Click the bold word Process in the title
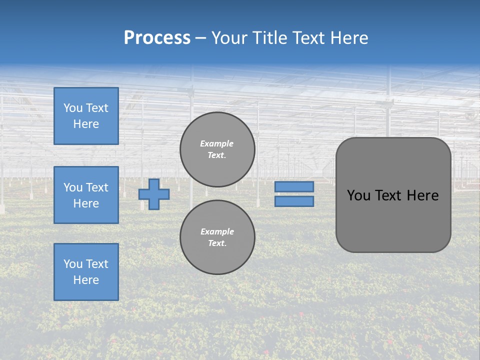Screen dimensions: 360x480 click(157, 38)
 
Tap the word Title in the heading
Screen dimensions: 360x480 click(268, 38)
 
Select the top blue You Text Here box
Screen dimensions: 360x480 click(86, 116)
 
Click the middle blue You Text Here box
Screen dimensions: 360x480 click(86, 195)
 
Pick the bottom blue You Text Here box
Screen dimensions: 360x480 click(86, 272)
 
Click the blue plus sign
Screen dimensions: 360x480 click(154, 194)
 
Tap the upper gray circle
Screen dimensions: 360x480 click(217, 149)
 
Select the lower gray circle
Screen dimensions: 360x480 click(217, 237)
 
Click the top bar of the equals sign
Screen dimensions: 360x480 click(294, 186)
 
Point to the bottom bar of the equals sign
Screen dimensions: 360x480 click(294, 201)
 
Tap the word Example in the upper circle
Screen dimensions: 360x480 click(217, 143)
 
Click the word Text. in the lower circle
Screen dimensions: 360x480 click(217, 243)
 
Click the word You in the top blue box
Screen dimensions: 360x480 click(72, 108)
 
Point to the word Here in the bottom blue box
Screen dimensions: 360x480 click(86, 280)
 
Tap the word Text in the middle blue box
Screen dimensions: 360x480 click(97, 187)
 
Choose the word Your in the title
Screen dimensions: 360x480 click(229, 38)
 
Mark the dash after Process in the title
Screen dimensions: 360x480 click(200, 38)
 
